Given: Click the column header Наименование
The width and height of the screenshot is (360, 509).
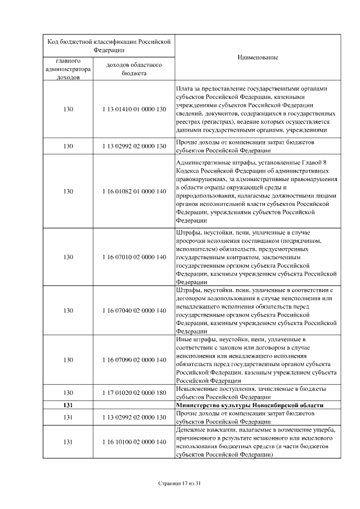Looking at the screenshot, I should point(258,58).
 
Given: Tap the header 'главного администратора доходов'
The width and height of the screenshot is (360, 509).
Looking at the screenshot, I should point(69,69).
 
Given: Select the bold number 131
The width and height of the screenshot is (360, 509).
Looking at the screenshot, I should point(69,406).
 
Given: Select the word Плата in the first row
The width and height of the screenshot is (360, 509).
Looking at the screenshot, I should point(184,89).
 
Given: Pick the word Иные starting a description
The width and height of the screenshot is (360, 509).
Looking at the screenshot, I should point(183,340).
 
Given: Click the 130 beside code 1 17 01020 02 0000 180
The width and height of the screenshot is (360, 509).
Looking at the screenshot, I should point(69,393).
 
